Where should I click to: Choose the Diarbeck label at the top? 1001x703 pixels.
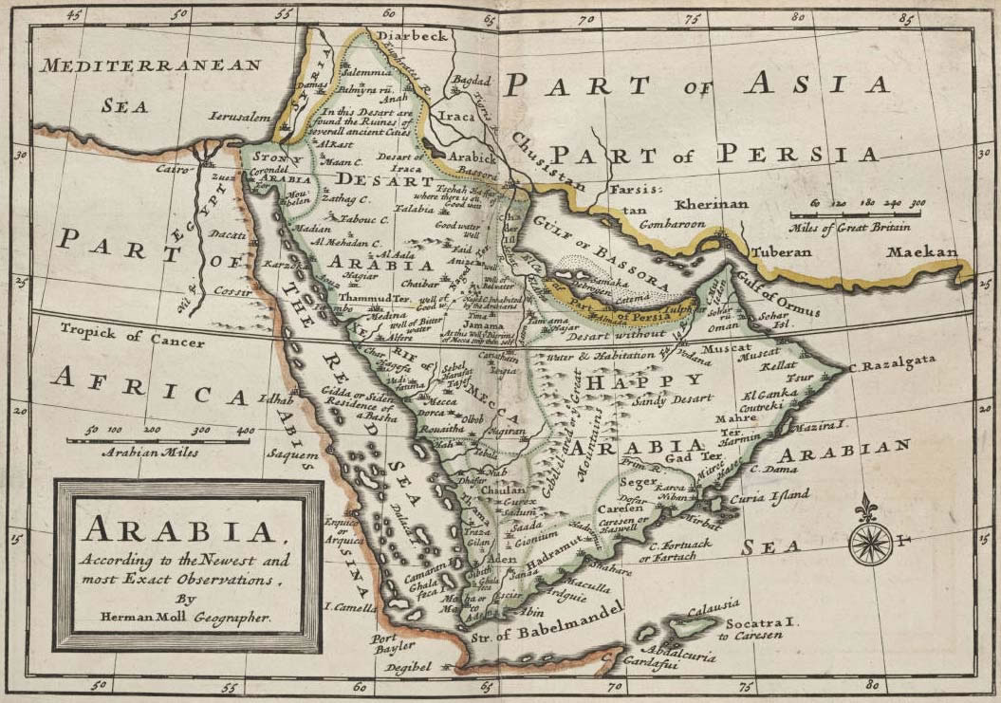click(411, 36)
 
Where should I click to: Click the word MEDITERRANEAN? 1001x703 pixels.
click(151, 65)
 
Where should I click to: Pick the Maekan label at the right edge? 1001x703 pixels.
click(917, 252)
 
